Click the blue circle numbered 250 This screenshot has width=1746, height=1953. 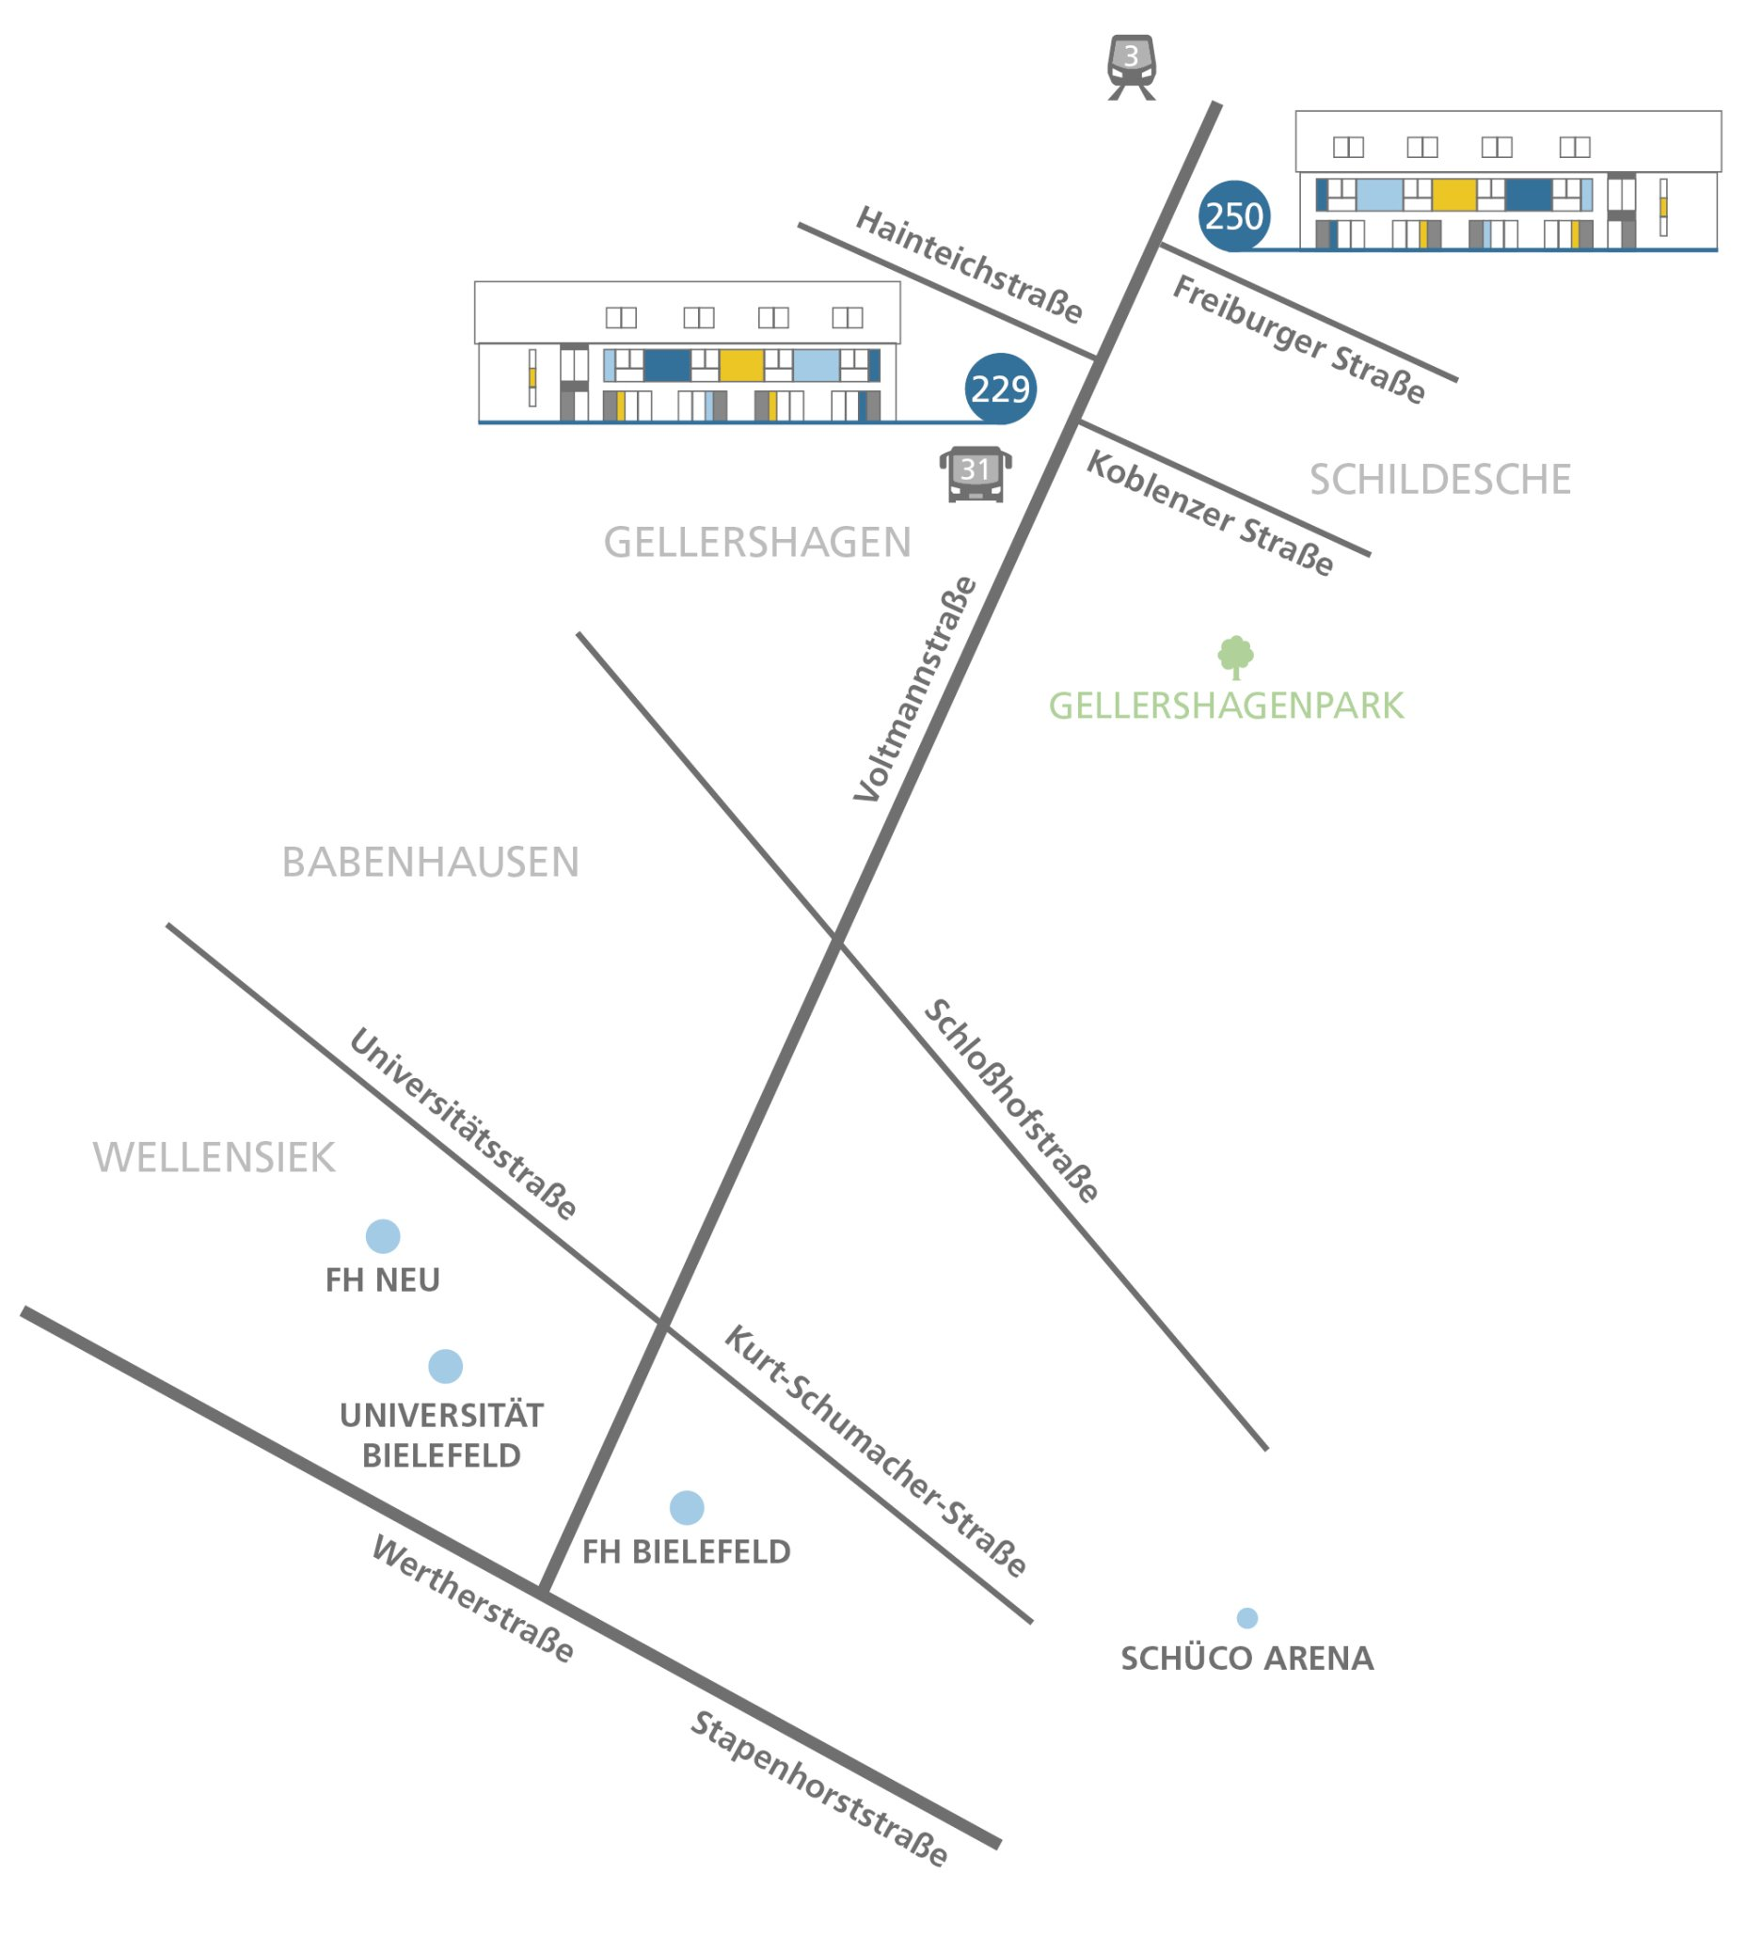coord(1233,215)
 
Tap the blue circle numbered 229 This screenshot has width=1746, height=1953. coord(1000,389)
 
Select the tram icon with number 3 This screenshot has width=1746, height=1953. coord(1131,65)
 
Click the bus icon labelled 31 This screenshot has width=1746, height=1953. coord(975,474)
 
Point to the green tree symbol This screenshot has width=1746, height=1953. coord(1234,657)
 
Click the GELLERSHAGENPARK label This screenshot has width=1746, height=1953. coord(1225,706)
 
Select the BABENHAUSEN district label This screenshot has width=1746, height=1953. coord(430,863)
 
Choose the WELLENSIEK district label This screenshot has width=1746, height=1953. coord(214,1158)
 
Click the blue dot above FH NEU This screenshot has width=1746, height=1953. coord(383,1235)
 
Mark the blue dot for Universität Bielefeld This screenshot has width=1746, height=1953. coord(445,1366)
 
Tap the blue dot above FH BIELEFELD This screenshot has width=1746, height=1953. coord(687,1507)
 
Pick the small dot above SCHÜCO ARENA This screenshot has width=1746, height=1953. coord(1246,1617)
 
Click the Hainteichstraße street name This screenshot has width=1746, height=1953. coord(969,263)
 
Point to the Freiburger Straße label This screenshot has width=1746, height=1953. coord(1298,340)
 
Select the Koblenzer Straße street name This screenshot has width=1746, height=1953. coord(1209,515)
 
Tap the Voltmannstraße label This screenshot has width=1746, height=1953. coord(915,689)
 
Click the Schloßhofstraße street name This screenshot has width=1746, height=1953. coord(1011,1101)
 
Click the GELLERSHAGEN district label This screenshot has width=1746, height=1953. coord(757,543)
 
